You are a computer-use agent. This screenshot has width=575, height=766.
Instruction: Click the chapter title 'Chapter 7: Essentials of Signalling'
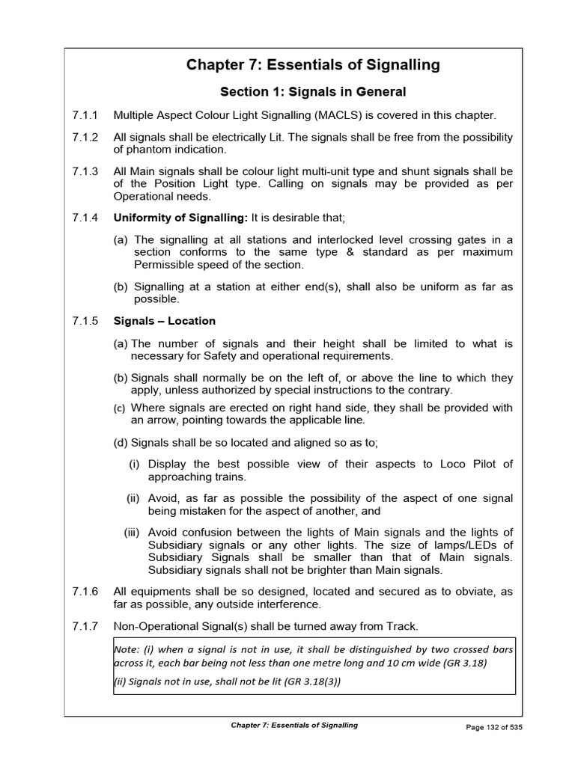(313, 65)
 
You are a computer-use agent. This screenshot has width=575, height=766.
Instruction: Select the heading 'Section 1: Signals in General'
(313, 92)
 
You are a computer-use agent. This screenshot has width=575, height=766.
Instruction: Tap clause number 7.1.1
(85, 115)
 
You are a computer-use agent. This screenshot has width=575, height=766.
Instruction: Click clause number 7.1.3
(85, 171)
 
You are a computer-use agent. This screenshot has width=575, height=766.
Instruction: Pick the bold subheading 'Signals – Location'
(164, 321)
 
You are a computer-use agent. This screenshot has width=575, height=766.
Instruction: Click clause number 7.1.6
(85, 591)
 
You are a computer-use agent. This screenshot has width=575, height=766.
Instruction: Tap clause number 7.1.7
(85, 625)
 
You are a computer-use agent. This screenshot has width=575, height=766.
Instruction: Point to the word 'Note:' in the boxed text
(128, 649)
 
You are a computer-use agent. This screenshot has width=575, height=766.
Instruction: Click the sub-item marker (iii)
(133, 532)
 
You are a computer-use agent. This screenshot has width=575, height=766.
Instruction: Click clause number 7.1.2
(85, 137)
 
